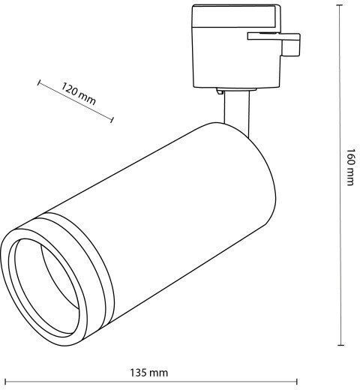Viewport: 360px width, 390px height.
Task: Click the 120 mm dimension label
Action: pos(79,94)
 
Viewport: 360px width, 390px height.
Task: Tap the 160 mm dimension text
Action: pos(350,167)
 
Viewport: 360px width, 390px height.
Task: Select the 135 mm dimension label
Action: pos(149,373)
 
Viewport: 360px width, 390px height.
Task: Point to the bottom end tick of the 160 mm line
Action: pos(341,345)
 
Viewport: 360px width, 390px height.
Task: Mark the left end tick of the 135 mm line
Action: pos(5,382)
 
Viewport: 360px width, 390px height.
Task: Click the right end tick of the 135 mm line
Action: pos(297,382)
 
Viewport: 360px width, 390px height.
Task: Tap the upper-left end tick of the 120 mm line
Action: pos(38,82)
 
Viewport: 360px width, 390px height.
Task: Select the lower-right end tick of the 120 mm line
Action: pos(112,120)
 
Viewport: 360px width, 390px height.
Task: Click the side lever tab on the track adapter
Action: pos(274,37)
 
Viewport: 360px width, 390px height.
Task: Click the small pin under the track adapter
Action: pos(220,91)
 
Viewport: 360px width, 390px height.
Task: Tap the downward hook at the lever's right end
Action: pos(291,47)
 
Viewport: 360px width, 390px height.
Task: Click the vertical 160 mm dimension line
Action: pos(340,175)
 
